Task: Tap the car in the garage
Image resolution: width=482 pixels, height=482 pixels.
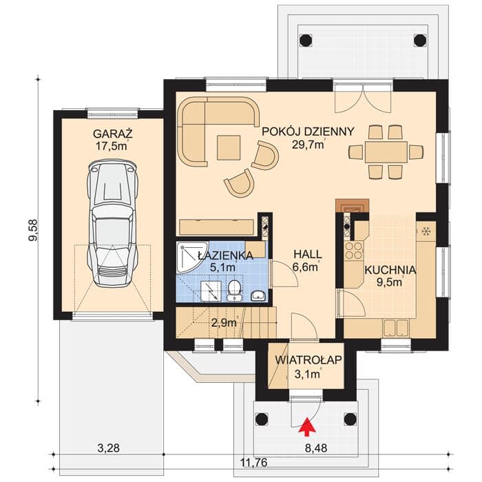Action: tap(112, 223)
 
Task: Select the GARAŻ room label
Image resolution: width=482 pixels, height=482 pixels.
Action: tap(113, 134)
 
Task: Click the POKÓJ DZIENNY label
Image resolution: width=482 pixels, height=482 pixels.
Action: tap(308, 132)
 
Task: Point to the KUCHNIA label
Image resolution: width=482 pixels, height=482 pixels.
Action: tap(390, 270)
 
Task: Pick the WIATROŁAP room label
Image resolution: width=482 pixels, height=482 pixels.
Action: tap(308, 360)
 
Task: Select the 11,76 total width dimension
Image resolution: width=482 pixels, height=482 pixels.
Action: tap(252, 462)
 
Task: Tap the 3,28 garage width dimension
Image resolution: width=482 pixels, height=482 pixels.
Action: tap(109, 448)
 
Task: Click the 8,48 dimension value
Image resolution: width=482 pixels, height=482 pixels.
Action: tap(316, 448)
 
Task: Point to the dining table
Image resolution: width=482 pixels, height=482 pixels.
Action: tap(386, 152)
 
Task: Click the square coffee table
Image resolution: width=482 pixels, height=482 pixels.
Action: tap(229, 148)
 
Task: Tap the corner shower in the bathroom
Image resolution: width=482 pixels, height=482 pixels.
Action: tap(191, 257)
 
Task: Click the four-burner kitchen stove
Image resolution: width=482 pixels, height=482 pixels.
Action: tap(354, 251)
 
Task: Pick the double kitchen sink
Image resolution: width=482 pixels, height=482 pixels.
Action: tap(396, 328)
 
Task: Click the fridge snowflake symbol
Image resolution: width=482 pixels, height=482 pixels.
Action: tap(426, 231)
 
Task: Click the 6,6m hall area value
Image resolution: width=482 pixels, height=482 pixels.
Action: tap(305, 267)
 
